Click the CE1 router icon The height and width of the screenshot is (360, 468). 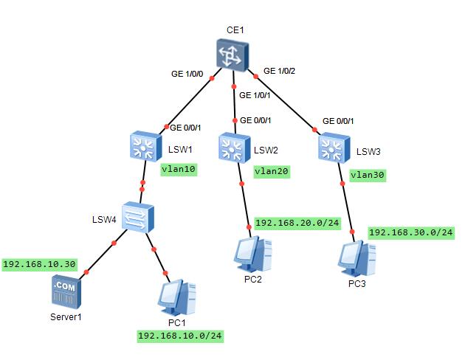click(233, 56)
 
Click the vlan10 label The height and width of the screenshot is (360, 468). click(179, 168)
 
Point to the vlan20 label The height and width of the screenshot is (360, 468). click(272, 170)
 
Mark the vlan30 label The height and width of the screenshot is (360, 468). click(368, 176)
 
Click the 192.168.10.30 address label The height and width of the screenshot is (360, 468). click(39, 264)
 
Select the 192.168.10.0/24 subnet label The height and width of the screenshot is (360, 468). click(180, 336)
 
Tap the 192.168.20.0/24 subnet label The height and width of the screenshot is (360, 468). click(297, 222)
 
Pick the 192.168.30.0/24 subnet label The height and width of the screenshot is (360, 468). click(410, 232)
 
